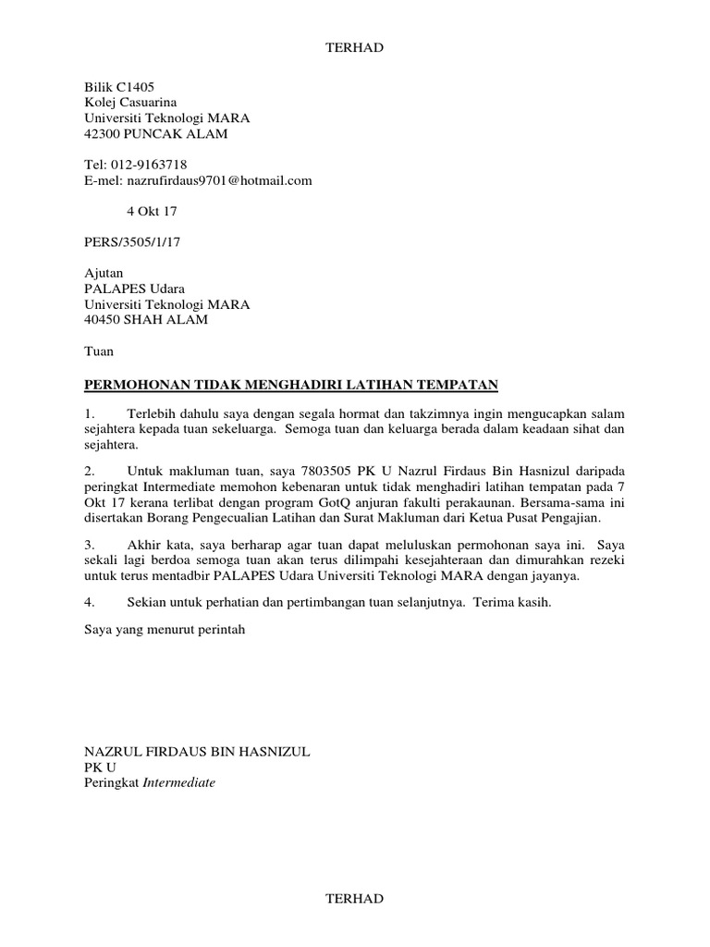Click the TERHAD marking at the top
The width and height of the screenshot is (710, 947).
pos(354,48)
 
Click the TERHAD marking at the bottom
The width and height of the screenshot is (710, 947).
pos(354,898)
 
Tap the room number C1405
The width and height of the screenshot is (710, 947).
pos(135,87)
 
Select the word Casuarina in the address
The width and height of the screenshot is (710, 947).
pos(146,103)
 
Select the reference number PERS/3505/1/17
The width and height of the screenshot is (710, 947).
pos(129,243)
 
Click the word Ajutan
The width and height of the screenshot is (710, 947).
pos(104,274)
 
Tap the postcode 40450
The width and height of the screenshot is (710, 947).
pos(104,320)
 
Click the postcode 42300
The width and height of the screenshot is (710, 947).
pos(104,134)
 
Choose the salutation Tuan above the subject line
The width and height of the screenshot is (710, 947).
pos(99,351)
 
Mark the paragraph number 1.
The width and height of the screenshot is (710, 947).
pos(90,413)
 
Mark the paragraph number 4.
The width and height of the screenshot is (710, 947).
pos(90,602)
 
